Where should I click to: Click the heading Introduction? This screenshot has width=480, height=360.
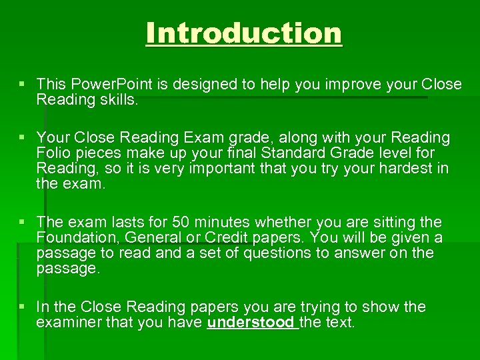[244, 33]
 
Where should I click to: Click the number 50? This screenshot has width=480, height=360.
[181, 223]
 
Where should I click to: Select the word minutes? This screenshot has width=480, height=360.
[226, 223]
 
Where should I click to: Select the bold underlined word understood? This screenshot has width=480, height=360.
[251, 323]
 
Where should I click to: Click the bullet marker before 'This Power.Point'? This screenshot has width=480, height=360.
[23, 85]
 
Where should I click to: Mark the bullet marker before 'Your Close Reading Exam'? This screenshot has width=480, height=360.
[23, 138]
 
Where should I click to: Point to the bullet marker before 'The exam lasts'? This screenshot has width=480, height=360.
[23, 223]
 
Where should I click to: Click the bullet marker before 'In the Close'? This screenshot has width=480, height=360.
[23, 307]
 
